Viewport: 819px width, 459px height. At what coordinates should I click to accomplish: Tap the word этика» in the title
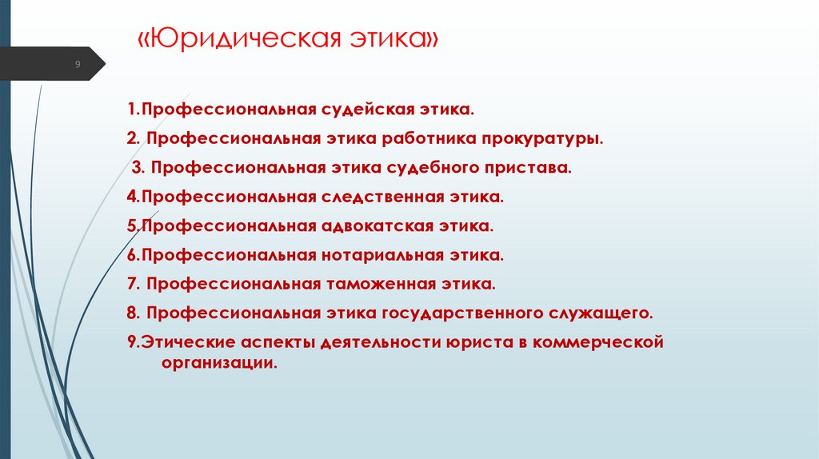point(395,40)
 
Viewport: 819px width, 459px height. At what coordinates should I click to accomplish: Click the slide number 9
point(78,64)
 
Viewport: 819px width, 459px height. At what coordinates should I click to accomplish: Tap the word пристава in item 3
point(534,168)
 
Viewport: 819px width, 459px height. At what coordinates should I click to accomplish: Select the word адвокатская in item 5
point(378,226)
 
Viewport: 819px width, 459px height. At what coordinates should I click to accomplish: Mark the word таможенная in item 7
point(380,284)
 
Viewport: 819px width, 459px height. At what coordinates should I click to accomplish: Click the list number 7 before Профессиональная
point(130,284)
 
